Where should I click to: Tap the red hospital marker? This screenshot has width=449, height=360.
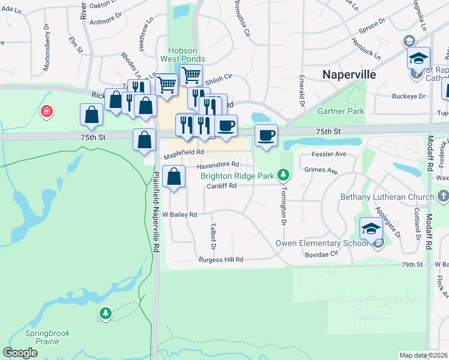tap(46, 112)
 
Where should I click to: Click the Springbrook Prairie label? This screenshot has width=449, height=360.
tap(42, 337)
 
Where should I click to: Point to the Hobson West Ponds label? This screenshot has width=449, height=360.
tap(187, 55)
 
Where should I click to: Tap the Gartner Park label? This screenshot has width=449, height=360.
tap(341, 112)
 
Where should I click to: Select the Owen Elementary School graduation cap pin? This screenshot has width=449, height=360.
tap(371, 229)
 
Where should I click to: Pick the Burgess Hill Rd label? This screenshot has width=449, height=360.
tap(221, 260)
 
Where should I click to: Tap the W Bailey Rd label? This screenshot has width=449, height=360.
tap(179, 214)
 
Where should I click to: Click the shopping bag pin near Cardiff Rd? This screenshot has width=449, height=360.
tap(173, 177)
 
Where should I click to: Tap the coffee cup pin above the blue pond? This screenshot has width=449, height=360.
tap(266, 135)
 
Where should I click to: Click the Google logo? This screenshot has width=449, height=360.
tap(20, 353)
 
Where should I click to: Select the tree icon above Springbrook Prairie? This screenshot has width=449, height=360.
tap(106, 313)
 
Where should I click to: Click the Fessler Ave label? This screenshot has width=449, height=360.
tap(329, 154)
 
